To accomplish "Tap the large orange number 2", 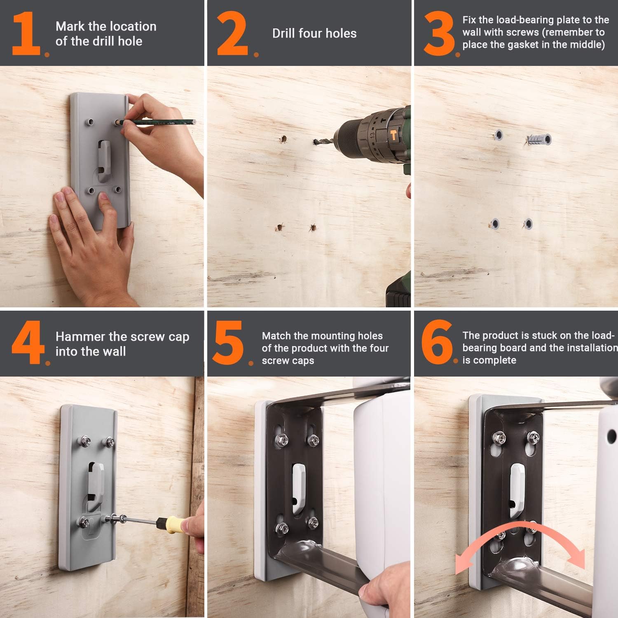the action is [x=232, y=34].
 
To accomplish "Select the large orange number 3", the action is [x=439, y=34].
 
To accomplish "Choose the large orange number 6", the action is [x=436, y=342].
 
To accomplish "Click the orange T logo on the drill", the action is [x=393, y=134].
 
